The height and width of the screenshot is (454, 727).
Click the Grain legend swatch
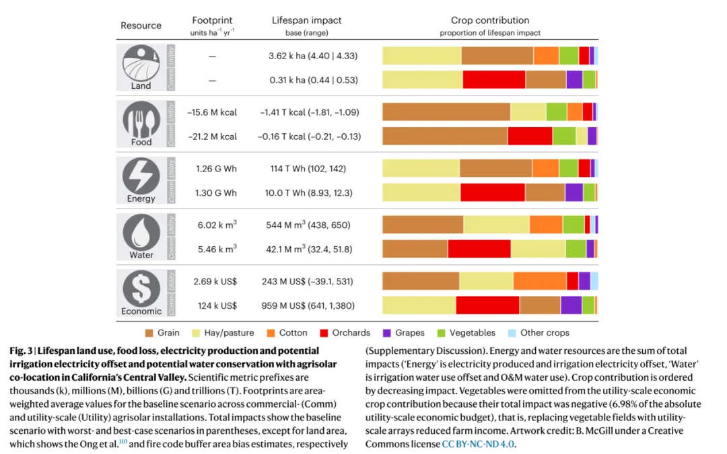150,333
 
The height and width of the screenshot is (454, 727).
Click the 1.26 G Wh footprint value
216,169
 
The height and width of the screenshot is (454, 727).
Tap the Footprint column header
212,21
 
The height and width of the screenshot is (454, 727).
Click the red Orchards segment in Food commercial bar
530,136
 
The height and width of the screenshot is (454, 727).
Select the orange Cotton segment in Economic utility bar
539,281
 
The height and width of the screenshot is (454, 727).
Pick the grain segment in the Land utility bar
497,55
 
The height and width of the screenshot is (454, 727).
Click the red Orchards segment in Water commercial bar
479,249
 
